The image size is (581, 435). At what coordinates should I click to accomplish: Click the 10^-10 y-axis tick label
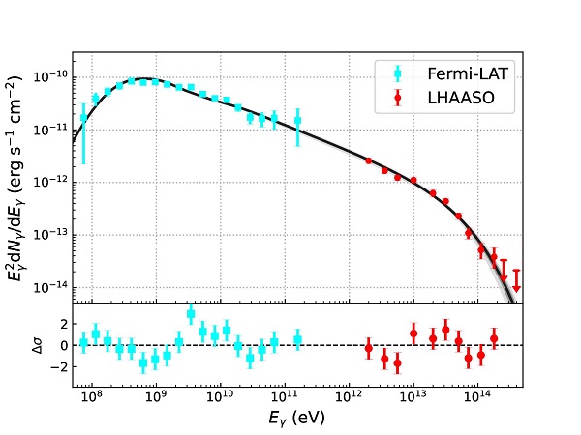(x=46, y=75)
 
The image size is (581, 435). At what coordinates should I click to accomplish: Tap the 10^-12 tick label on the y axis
(x=46, y=181)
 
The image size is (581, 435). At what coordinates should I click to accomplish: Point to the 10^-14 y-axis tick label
(x=46, y=287)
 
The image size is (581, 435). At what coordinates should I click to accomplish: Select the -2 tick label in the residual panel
(x=53, y=367)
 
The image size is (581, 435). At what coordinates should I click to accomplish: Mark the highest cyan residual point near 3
(x=191, y=313)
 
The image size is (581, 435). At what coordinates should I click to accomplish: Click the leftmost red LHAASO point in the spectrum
(x=368, y=160)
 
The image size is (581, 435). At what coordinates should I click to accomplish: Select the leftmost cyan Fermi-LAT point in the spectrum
(x=83, y=118)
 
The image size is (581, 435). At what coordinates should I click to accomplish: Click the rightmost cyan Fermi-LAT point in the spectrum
(x=297, y=120)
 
